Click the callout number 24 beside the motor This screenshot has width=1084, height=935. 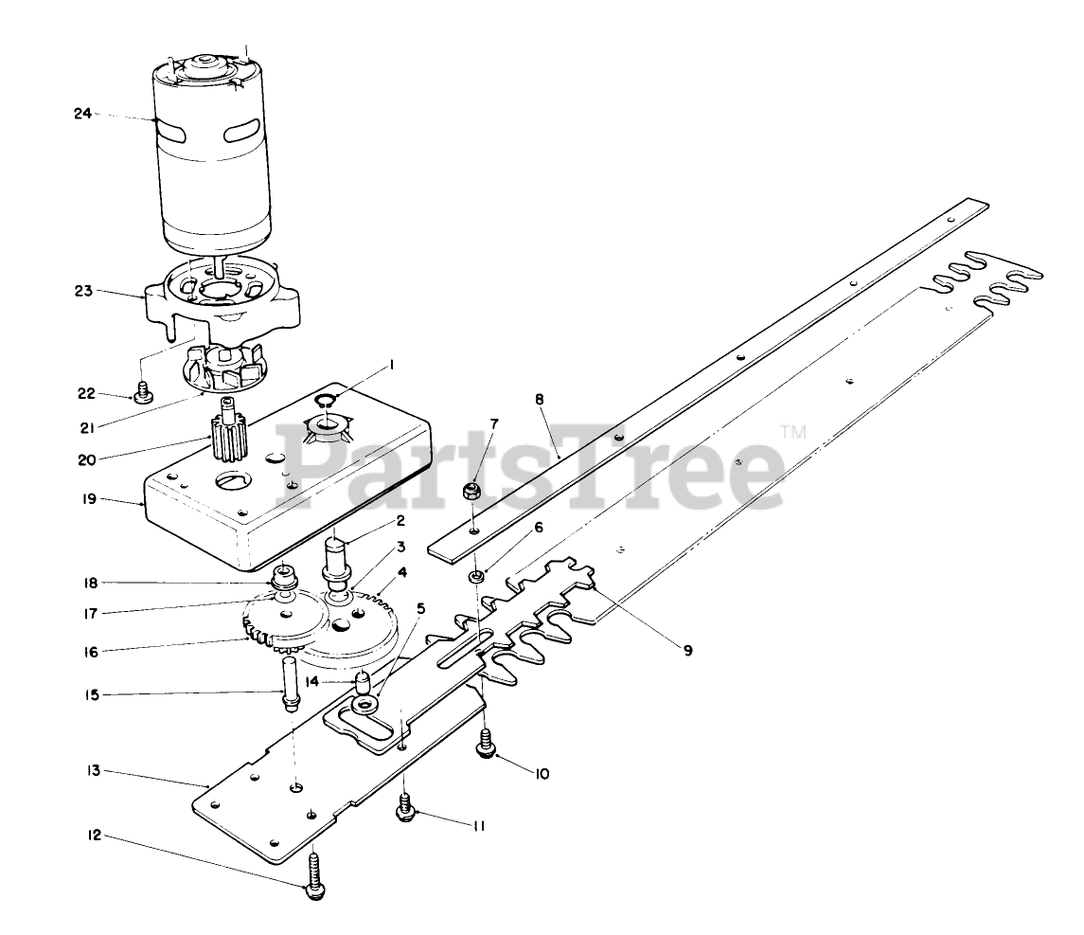point(82,114)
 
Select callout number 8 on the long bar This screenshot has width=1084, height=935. point(540,399)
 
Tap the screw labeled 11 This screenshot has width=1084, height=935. point(405,808)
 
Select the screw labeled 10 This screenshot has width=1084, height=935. point(487,743)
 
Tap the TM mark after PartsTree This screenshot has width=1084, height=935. point(792,434)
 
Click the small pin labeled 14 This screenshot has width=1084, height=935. point(363,682)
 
